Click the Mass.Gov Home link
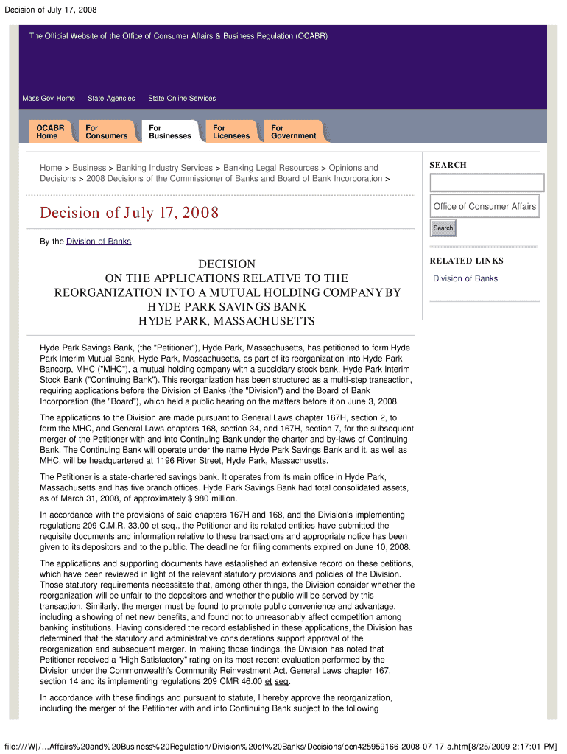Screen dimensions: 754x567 (x=49, y=99)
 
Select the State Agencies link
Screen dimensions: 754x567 (x=111, y=99)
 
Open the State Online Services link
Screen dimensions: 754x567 (x=182, y=99)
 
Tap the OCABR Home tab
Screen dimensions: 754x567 (x=50, y=132)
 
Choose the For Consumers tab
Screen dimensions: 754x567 (x=106, y=132)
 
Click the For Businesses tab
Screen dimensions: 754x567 (x=170, y=132)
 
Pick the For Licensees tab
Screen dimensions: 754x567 (x=231, y=132)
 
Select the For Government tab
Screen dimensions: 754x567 (x=293, y=132)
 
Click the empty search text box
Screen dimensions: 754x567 (x=487, y=183)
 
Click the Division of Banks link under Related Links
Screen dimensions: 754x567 (x=465, y=278)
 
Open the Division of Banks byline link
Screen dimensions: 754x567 (x=99, y=242)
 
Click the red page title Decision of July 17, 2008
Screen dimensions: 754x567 (x=130, y=214)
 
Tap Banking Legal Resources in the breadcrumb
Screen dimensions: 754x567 (x=271, y=168)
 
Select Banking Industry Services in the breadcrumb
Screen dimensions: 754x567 (x=165, y=168)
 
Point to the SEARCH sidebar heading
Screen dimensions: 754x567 (x=448, y=165)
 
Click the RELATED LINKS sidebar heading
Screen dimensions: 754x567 (x=467, y=261)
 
